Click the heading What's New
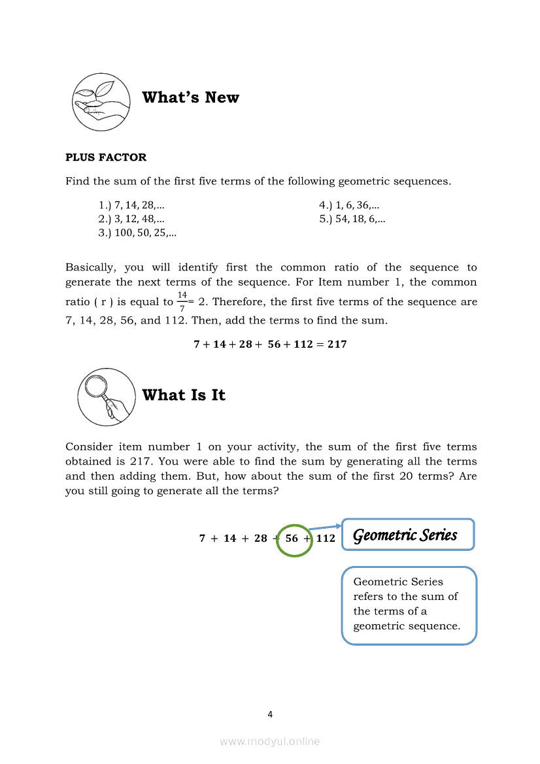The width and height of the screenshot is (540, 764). (x=190, y=97)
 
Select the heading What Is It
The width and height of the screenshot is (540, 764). (x=184, y=395)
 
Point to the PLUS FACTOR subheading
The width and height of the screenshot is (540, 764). (x=106, y=157)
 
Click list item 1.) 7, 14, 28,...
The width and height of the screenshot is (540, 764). (x=131, y=205)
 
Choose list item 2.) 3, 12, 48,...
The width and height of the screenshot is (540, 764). (x=131, y=219)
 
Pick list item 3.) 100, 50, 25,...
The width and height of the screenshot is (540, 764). (x=137, y=233)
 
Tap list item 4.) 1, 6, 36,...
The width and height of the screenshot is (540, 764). (x=350, y=205)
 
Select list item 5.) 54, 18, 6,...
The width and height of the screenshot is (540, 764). (x=352, y=219)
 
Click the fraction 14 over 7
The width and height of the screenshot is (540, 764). (x=182, y=302)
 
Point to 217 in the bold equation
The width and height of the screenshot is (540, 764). (x=337, y=344)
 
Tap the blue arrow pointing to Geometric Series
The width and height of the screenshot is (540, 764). (x=326, y=526)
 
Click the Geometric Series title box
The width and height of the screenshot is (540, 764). (x=408, y=535)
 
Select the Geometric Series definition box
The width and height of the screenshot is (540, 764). (x=409, y=605)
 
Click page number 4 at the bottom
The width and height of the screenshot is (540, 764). (x=270, y=714)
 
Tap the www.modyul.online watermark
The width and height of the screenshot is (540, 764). (x=270, y=741)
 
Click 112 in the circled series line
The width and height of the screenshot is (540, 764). (x=326, y=539)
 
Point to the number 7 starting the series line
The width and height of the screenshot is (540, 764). (x=203, y=539)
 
